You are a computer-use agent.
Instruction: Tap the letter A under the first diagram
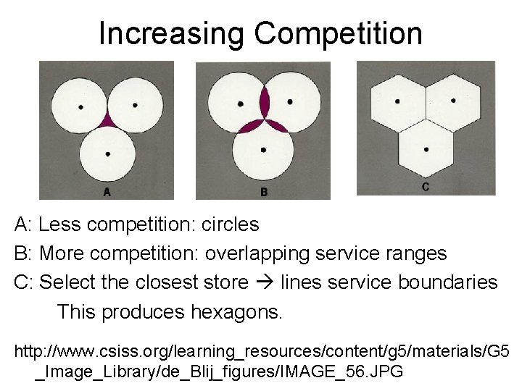click(107, 192)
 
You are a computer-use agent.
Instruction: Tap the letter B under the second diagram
click(264, 192)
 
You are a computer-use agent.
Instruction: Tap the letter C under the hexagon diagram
click(426, 187)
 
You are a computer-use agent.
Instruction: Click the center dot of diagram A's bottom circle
click(107, 154)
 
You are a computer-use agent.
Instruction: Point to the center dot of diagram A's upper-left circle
click(80, 107)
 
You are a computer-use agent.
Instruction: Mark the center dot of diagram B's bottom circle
click(263, 150)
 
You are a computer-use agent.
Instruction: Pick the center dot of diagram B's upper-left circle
click(241, 104)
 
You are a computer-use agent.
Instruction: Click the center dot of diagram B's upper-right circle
click(289, 102)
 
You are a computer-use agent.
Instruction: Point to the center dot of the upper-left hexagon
click(397, 101)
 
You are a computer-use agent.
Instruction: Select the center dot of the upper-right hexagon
click(453, 100)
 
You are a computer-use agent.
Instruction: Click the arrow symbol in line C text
click(270, 282)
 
